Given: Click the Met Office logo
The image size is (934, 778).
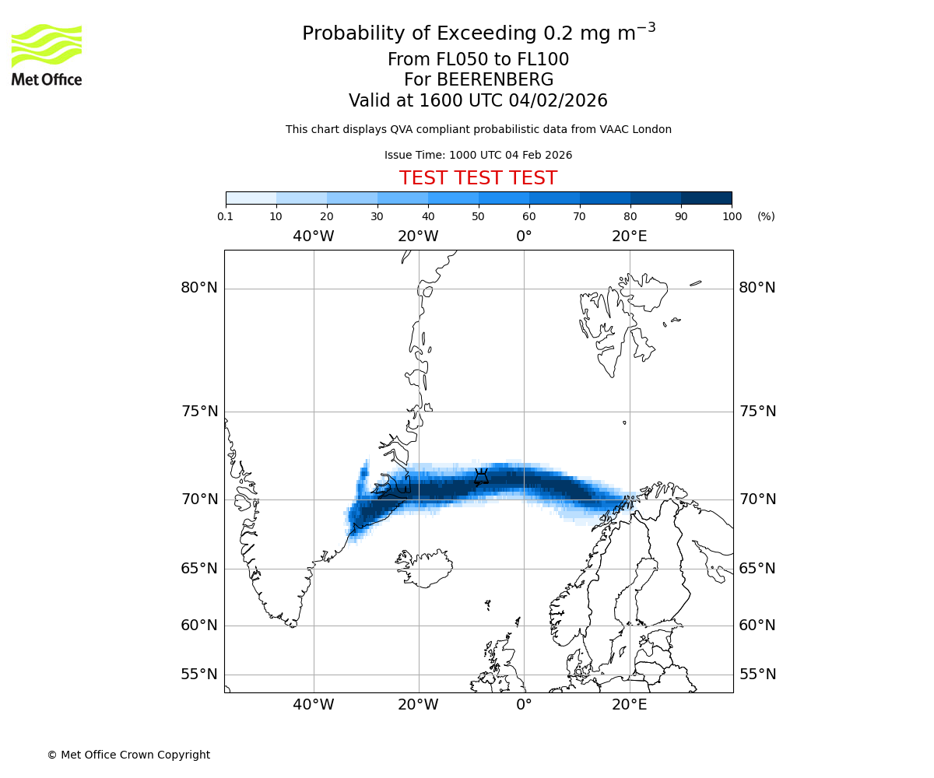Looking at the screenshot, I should [47, 54].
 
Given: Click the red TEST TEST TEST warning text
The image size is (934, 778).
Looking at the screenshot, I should [478, 178].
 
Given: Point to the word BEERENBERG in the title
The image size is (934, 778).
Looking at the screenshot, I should [479, 80].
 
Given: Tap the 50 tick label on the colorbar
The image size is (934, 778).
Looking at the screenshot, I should [478, 216].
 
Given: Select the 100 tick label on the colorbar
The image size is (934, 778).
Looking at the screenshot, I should [732, 216].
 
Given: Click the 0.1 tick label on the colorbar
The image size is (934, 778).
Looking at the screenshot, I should [226, 216].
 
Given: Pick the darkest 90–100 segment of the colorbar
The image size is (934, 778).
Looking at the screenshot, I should [706, 198].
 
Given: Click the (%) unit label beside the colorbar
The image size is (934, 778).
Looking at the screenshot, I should [766, 216].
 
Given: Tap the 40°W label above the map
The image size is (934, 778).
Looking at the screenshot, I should [314, 236].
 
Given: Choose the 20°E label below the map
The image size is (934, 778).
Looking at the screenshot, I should [629, 705].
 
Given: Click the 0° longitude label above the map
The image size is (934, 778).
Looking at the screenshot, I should [524, 236].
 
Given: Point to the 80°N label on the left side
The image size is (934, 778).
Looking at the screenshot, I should [199, 288].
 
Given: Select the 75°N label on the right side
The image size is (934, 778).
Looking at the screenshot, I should [757, 412].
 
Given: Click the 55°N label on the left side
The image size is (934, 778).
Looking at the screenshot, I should [199, 675].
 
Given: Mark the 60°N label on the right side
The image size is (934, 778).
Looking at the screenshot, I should [757, 626].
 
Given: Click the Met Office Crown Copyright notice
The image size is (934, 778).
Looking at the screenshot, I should [128, 755].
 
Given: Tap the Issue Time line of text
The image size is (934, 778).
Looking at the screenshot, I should [478, 155].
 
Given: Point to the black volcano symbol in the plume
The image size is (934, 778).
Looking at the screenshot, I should [481, 476].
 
